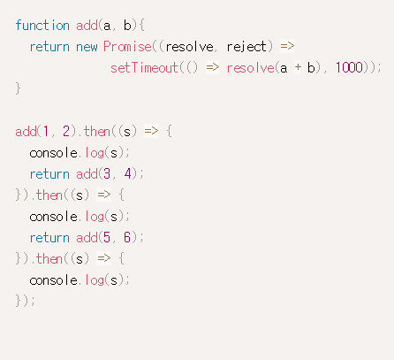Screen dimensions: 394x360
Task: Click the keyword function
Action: click(x=42, y=26)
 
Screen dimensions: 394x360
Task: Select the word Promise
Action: click(x=127, y=47)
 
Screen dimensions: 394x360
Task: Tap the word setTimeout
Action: click(x=144, y=68)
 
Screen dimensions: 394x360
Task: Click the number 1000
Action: click(x=349, y=68)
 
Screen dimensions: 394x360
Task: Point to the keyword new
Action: click(x=87, y=47)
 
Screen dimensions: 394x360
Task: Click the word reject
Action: click(x=246, y=47)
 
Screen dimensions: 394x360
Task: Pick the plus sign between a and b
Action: click(x=298, y=67)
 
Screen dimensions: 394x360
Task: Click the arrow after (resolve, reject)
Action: click(x=287, y=46)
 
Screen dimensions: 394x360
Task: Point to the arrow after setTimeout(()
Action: click(x=213, y=67)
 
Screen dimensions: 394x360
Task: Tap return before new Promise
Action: click(x=49, y=47)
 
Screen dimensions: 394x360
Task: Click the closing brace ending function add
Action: click(x=18, y=88)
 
